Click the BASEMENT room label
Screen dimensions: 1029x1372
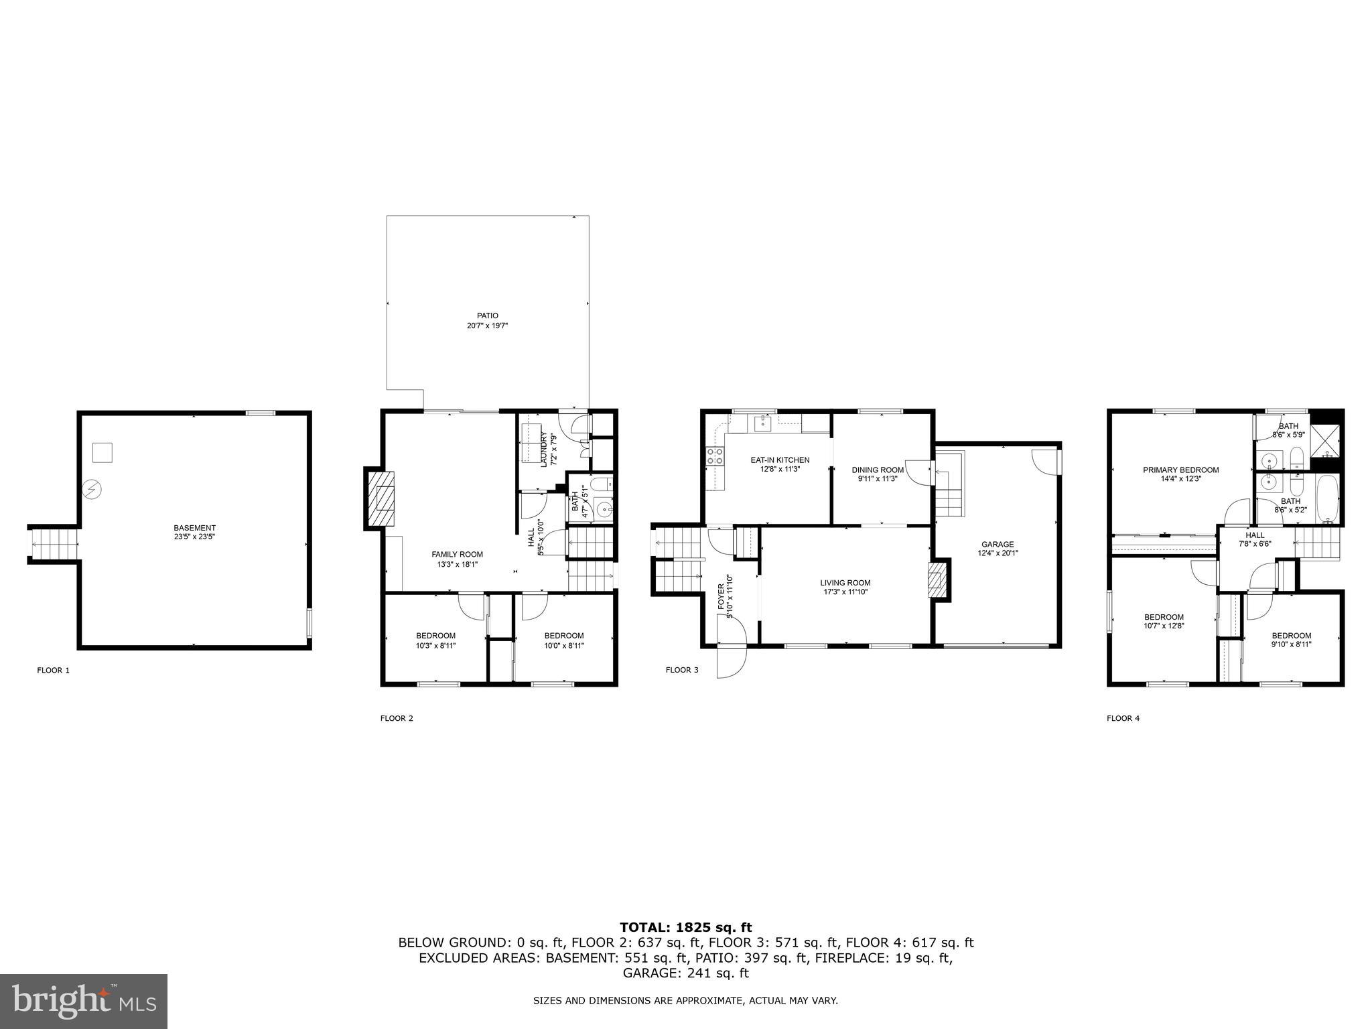pos(194,528)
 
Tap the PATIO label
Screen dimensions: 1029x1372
pos(487,316)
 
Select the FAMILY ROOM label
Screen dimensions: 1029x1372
pos(457,554)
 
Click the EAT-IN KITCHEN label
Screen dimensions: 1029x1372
pos(780,460)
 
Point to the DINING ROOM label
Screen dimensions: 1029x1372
pos(878,470)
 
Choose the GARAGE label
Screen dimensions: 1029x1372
pos(998,544)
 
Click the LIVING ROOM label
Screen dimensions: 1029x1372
pos(845,583)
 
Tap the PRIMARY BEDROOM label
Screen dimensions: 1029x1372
pos(1180,470)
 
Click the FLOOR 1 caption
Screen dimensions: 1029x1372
pos(53,670)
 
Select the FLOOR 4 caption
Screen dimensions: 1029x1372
pos(1123,718)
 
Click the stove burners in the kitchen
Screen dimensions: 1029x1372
pos(715,457)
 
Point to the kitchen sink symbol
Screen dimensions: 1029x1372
pos(763,423)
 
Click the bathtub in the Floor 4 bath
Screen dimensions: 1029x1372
pos(1327,499)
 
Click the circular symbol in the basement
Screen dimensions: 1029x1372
pos(91,490)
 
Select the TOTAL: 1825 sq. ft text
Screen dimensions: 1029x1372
pos(685,928)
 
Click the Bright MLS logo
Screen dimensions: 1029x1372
pos(84,1002)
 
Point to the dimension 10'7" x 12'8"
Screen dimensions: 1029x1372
pos(1163,626)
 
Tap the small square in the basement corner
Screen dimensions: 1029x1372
pos(102,452)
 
